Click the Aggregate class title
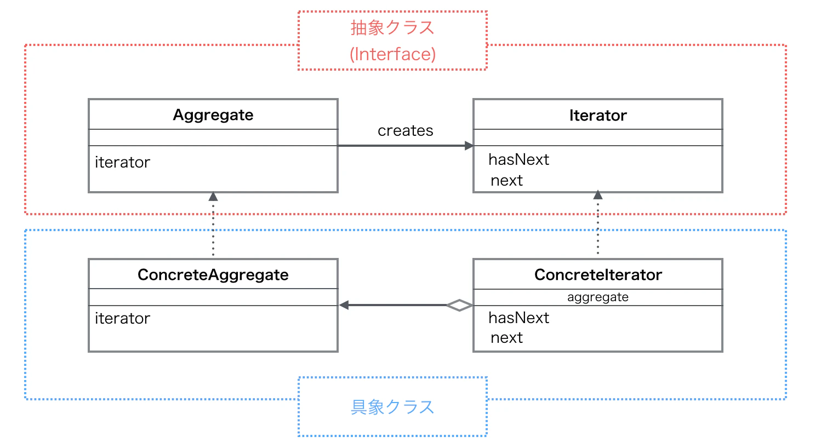tap(213, 115)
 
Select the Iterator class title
tap(597, 116)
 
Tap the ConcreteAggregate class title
tap(213, 274)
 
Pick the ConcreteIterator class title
tap(598, 274)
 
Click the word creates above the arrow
tap(405, 131)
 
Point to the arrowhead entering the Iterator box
tap(469, 146)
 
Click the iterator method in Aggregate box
tap(122, 162)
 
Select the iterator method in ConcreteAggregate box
tap(122, 318)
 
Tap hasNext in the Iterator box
tap(518, 159)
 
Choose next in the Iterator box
tap(506, 180)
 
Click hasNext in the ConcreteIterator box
tap(518, 318)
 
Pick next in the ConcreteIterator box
tap(506, 337)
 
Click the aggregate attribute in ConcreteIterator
tap(597, 297)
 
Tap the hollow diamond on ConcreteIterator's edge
tap(459, 305)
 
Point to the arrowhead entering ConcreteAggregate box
tap(344, 305)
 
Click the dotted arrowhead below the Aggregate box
tap(213, 197)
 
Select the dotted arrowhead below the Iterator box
tap(598, 195)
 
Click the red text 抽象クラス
tap(392, 27)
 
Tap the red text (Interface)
tap(392, 54)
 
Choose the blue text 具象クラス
tap(392, 407)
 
